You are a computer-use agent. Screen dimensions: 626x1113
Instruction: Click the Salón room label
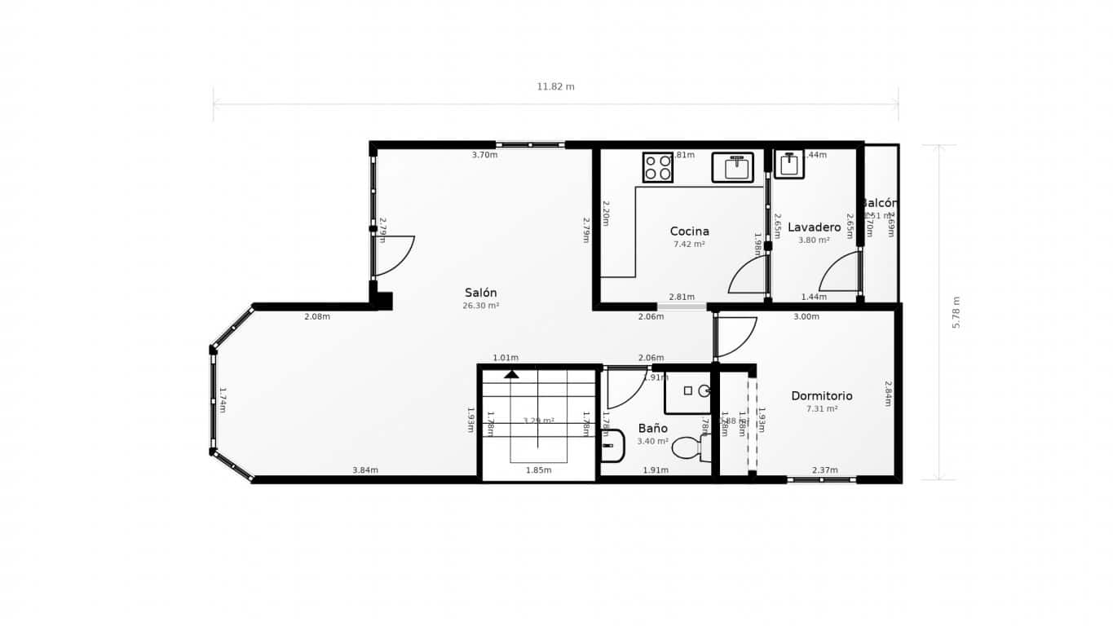(480, 293)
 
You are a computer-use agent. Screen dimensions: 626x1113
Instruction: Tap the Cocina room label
(689, 231)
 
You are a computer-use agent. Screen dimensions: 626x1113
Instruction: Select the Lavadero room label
(814, 227)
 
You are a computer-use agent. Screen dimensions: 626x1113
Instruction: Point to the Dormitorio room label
(821, 396)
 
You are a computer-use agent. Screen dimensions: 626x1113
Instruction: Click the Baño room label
(652, 428)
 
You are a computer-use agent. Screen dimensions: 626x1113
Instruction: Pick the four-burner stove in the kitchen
(657, 167)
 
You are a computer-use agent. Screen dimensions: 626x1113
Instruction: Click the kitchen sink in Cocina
(738, 167)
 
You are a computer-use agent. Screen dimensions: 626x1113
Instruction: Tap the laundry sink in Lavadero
(789, 165)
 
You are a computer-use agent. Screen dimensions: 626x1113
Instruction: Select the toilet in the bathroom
(688, 447)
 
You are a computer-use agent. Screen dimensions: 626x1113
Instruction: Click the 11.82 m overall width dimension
(555, 86)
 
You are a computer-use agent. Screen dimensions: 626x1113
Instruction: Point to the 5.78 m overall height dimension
(956, 312)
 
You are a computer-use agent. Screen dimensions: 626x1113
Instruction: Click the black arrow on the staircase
(511, 374)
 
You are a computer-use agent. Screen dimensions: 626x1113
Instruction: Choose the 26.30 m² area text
(480, 306)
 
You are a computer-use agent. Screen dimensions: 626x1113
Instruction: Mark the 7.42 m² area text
(689, 244)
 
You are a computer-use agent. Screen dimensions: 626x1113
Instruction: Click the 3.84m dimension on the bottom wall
(364, 470)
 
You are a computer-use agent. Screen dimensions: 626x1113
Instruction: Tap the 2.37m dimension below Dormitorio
(824, 470)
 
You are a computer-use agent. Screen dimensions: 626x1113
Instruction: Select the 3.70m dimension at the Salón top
(484, 155)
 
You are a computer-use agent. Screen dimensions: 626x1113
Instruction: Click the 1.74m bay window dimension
(222, 400)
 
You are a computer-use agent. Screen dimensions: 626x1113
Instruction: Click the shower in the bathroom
(689, 392)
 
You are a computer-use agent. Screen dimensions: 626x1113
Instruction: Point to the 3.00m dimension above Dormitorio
(806, 317)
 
